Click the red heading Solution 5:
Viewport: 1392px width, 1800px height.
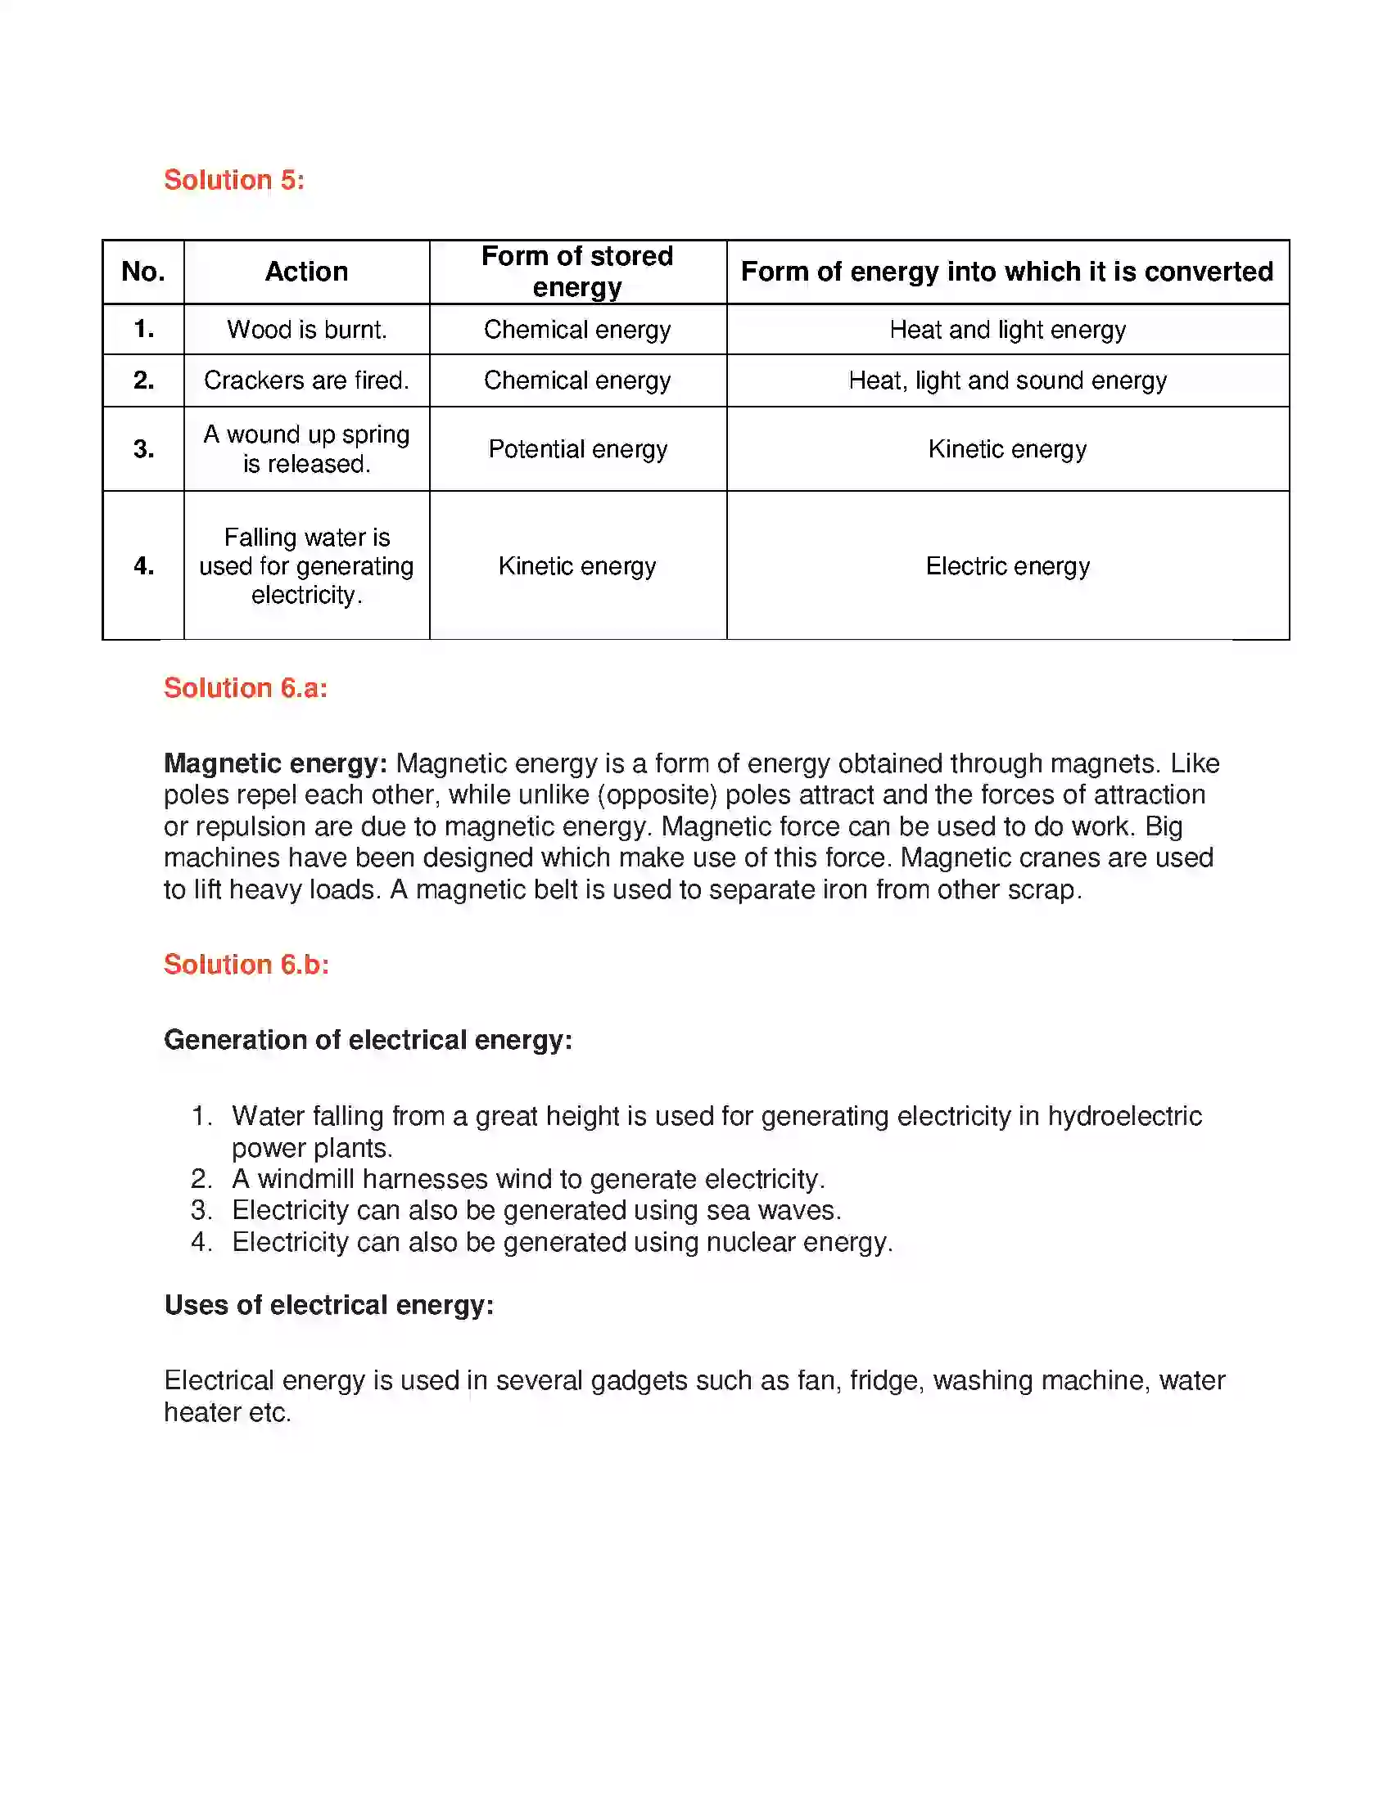click(x=234, y=180)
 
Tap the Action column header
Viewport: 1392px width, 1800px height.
click(x=306, y=272)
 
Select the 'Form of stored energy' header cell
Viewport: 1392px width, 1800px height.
click(x=577, y=271)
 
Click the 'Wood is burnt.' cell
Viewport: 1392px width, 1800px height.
click(x=307, y=330)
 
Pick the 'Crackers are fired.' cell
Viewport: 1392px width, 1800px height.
click(x=307, y=380)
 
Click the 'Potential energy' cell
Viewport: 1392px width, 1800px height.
click(x=577, y=449)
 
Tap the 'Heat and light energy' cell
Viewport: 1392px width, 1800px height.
click(x=1007, y=330)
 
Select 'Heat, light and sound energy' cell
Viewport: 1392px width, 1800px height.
click(x=1007, y=380)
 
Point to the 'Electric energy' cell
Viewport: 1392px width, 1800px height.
click(x=1007, y=566)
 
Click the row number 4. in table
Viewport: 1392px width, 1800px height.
click(x=143, y=566)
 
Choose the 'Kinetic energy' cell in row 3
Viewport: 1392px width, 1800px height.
click(x=1007, y=449)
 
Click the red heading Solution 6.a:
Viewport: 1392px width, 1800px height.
click(x=246, y=688)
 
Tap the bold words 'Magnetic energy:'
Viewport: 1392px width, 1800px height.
click(x=275, y=763)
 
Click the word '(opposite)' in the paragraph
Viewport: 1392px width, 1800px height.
click(x=658, y=795)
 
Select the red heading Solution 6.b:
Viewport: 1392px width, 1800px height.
click(x=246, y=965)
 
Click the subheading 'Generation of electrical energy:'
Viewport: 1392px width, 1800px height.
click(x=368, y=1040)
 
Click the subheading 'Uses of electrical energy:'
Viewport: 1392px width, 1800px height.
click(x=329, y=1306)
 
